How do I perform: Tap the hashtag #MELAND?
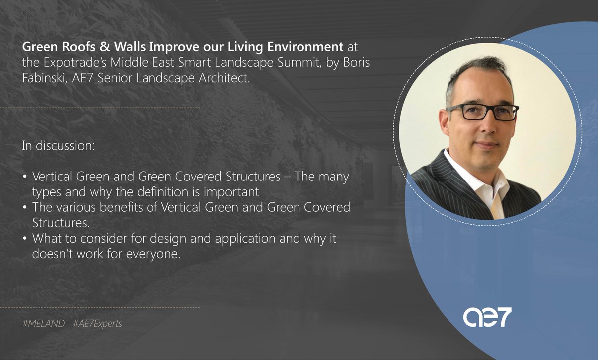click(x=44, y=324)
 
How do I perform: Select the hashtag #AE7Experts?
click(x=97, y=324)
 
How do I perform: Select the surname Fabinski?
click(x=43, y=78)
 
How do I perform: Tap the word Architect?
click(x=222, y=78)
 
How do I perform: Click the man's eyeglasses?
click(x=482, y=112)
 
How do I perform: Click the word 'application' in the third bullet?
click(x=234, y=238)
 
